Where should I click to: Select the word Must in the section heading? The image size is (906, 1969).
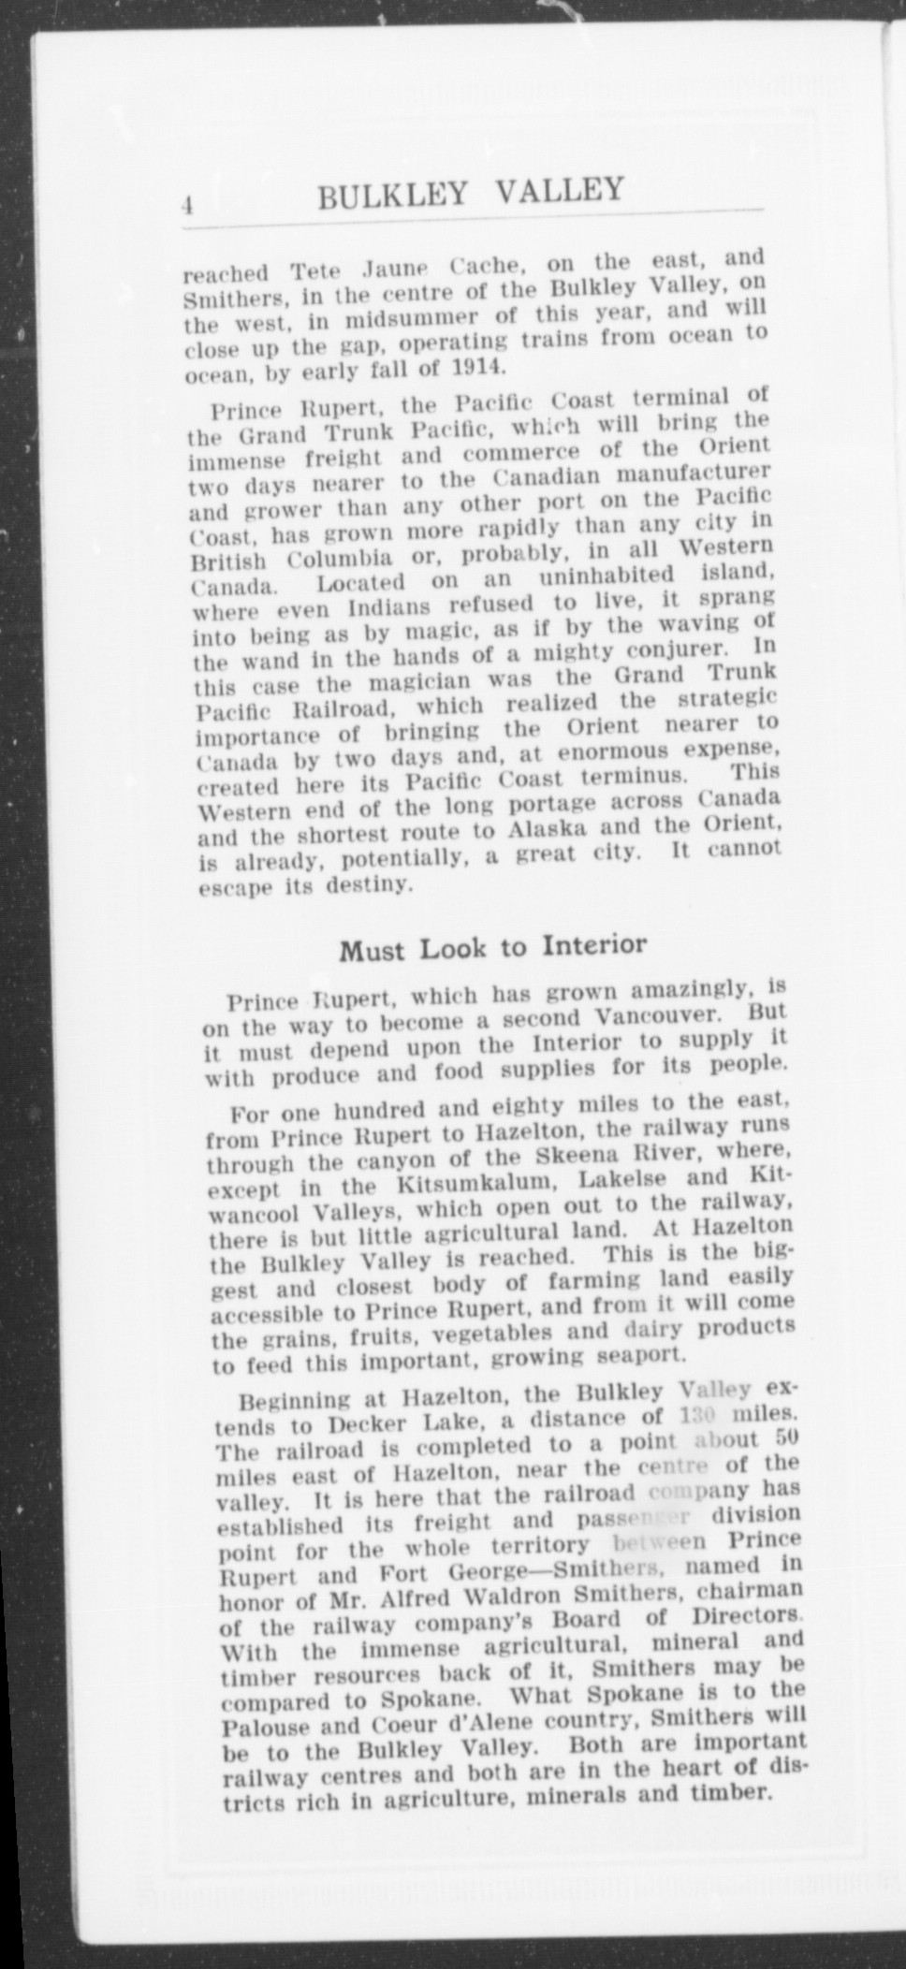click(x=370, y=951)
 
